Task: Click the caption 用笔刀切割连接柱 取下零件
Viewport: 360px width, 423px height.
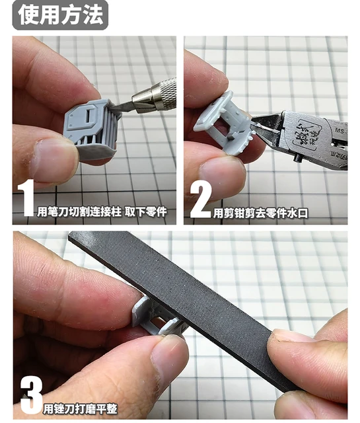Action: (x=102, y=211)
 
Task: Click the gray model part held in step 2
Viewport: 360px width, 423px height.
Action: (x=225, y=122)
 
